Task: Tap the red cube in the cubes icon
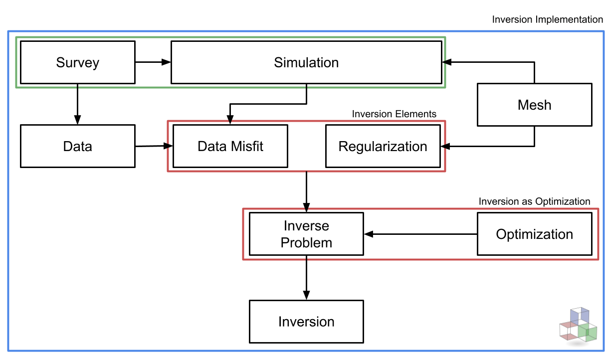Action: click(x=569, y=331)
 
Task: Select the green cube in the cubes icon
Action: click(x=588, y=333)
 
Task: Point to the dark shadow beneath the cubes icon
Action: click(x=578, y=344)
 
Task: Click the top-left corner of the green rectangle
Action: click(x=16, y=37)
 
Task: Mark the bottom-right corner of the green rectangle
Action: click(x=445, y=87)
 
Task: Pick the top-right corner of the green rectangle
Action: click(x=445, y=37)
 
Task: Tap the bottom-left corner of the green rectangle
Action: click(x=16, y=87)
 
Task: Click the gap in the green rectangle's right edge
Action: click(x=445, y=62)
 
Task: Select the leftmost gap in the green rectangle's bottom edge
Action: click(x=78, y=87)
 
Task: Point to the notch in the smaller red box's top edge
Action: click(x=230, y=121)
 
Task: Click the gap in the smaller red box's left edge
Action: click(x=168, y=146)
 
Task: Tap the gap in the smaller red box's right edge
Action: click(x=445, y=146)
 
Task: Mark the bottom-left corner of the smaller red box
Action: click(x=168, y=171)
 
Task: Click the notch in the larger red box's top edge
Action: click(x=306, y=209)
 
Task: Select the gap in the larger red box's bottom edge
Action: click(x=306, y=259)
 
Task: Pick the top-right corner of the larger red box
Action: click(x=598, y=209)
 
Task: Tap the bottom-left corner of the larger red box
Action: click(x=243, y=259)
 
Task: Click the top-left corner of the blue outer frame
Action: click(x=8, y=31)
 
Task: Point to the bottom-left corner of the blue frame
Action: click(x=8, y=351)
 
